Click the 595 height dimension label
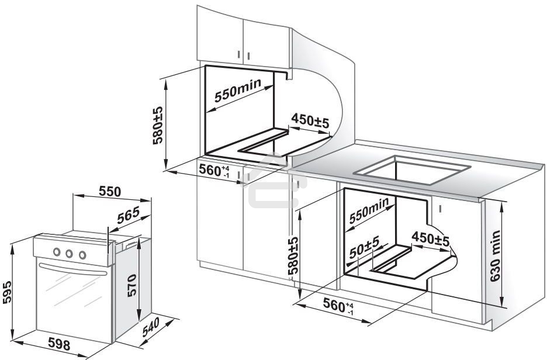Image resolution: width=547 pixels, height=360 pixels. [x=6, y=289]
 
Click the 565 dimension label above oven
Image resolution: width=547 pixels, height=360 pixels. [x=128, y=216]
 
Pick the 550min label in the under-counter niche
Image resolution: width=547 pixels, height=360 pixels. [x=369, y=213]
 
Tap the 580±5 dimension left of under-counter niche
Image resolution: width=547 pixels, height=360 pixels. [x=292, y=255]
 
